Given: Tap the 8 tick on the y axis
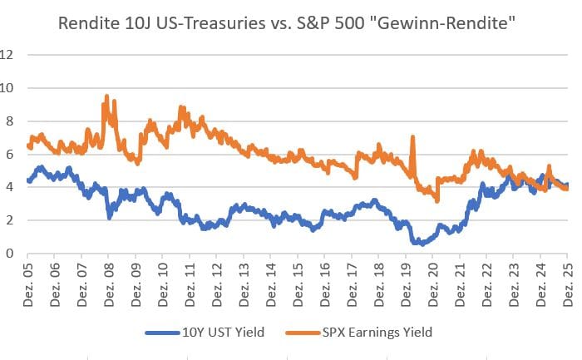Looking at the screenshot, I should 11,121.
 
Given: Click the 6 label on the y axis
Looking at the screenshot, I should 11,155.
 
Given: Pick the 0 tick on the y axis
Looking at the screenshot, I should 11,254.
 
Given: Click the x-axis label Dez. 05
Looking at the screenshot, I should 28,283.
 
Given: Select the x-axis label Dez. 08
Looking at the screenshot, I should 109,283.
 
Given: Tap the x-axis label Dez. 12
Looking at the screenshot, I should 217,283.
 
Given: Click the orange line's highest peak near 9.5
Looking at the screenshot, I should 106,97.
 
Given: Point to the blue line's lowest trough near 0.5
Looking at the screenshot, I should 420,244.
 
